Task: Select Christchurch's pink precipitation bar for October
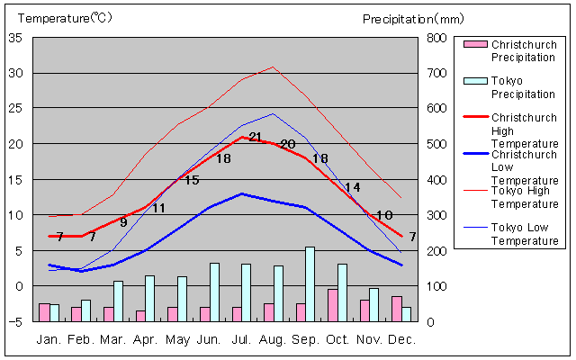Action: [333, 304]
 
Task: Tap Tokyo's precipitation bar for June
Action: [214, 292]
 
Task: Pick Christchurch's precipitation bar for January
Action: [44, 311]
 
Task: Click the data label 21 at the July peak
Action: [255, 137]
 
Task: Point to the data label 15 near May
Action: [191, 180]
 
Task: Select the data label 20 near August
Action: [288, 144]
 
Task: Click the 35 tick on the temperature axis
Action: [16, 38]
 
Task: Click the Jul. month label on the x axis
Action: [242, 339]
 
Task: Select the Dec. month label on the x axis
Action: [402, 339]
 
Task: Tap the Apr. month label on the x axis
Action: [146, 339]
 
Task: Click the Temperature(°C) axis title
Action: [67, 18]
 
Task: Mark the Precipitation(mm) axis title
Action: [413, 18]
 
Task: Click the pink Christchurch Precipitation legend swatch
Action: [475, 45]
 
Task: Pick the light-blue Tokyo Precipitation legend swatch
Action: [475, 81]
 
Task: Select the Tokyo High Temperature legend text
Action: [525, 196]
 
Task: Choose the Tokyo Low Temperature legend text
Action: [525, 233]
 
